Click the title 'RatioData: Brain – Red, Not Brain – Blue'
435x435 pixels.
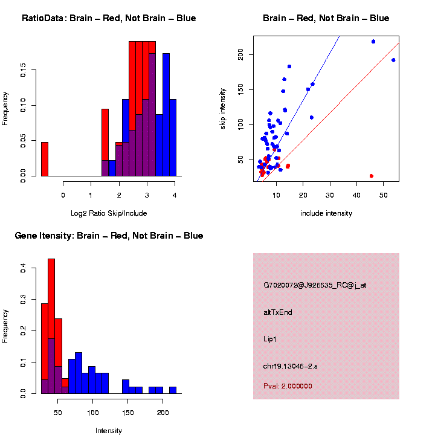pyautogui.click(x=109, y=19)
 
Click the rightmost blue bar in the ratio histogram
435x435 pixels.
pyautogui.click(x=173, y=138)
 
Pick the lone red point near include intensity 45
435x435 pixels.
pyautogui.click(x=371, y=176)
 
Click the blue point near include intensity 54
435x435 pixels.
pyautogui.click(x=393, y=60)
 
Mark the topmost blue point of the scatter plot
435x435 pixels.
pyautogui.click(x=373, y=42)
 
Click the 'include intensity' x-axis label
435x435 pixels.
pyautogui.click(x=326, y=213)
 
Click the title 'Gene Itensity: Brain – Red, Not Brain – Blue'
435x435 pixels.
pyautogui.click(x=109, y=236)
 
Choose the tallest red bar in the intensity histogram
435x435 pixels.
pyautogui.click(x=51, y=326)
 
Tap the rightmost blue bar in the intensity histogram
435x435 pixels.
pyautogui.click(x=172, y=390)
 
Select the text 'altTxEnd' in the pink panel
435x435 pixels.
pyautogui.click(x=278, y=312)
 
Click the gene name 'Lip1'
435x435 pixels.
pyautogui.click(x=270, y=340)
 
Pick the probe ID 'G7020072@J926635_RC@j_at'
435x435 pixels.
pyautogui.click(x=315, y=285)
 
